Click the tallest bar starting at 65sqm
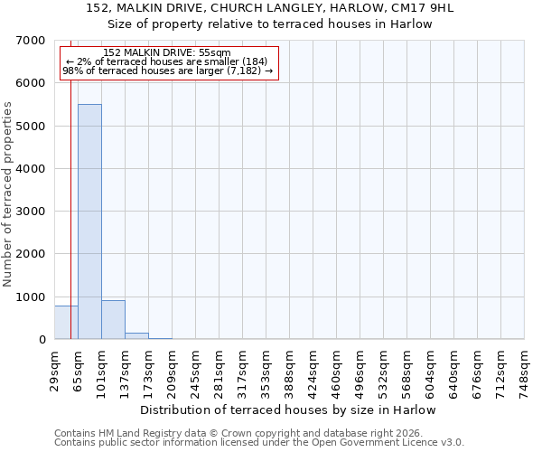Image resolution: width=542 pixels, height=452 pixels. tap(89, 221)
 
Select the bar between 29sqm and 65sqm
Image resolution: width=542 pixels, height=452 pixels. tap(66, 323)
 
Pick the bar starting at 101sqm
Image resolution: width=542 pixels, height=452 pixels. tap(113, 320)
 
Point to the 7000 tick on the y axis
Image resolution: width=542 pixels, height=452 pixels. tap(34, 41)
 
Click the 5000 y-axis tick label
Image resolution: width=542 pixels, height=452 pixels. tap(34, 126)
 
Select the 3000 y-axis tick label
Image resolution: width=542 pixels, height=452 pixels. tap(34, 212)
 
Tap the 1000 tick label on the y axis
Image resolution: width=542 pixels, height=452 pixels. tap(34, 297)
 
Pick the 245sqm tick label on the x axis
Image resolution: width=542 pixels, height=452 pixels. tap(196, 369)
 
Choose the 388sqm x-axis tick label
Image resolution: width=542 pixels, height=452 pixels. tap(290, 369)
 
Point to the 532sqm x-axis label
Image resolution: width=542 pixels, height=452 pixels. tap(384, 369)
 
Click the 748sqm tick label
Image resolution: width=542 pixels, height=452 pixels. tap(525, 369)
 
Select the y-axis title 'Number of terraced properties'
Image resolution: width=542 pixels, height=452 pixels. tap(8, 193)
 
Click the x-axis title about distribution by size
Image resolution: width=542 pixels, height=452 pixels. tap(288, 410)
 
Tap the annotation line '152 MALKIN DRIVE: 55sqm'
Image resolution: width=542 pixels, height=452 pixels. tap(167, 53)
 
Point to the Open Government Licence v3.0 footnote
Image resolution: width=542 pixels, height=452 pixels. tap(259, 443)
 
